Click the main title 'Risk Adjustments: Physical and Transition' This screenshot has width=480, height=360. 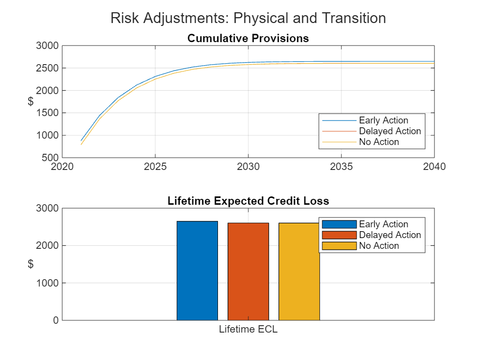coord(248,18)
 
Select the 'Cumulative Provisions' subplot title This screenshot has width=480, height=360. coord(248,38)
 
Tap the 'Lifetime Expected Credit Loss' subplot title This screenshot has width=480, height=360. coord(248,201)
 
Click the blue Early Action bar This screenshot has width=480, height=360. coord(197,271)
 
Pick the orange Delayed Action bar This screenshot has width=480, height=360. coord(248,272)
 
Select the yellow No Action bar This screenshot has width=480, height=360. coord(299,272)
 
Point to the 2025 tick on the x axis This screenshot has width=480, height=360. coord(155,167)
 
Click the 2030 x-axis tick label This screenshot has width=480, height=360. coord(248,167)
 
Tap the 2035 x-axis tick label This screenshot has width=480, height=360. coord(341,167)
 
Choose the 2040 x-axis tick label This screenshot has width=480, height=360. coord(434,167)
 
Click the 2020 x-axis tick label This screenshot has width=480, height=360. coord(62,167)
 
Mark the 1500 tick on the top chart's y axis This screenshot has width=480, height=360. coord(48,113)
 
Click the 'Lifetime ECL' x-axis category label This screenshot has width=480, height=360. coord(248,329)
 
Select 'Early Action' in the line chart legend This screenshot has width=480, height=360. coord(383,120)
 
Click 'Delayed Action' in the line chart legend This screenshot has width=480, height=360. coord(389,131)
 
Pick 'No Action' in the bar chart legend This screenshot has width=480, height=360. coord(379,246)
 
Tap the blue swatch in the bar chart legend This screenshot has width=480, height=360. coord(338,224)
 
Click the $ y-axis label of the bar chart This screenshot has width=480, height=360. coord(30,264)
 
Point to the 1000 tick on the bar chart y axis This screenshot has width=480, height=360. coord(48,283)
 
